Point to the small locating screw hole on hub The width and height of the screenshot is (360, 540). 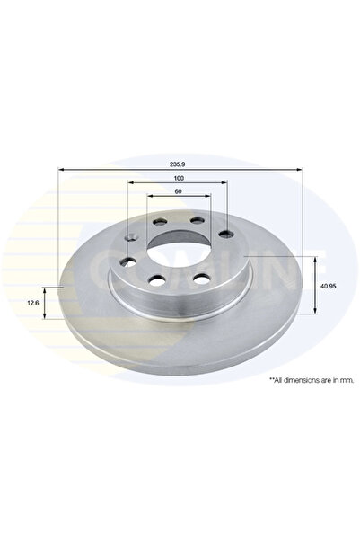point(132,238)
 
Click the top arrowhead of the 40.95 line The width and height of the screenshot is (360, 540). point(316,258)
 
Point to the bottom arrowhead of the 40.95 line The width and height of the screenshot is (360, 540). point(316,313)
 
